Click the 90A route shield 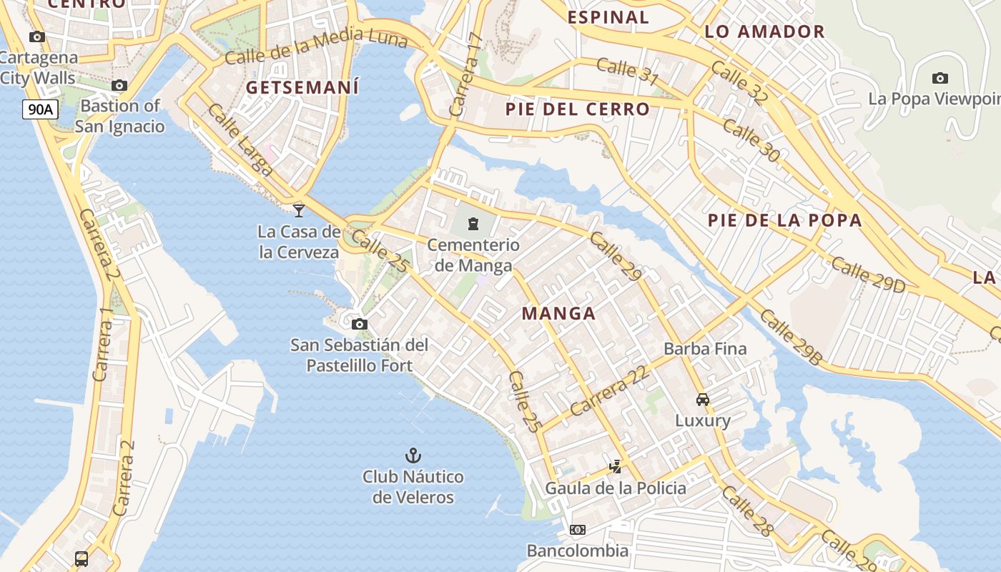(x=40, y=109)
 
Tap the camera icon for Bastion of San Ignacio (x=119, y=86)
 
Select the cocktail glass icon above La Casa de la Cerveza (x=299, y=210)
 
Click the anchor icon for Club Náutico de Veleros (x=413, y=455)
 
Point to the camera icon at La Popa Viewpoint (x=940, y=78)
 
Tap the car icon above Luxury (x=703, y=400)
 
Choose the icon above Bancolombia (x=577, y=530)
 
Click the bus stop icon (x=82, y=558)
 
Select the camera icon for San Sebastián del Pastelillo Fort (x=360, y=325)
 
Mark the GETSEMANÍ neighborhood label (x=302, y=88)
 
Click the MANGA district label (x=558, y=313)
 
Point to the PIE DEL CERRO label (x=577, y=109)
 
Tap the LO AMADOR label (x=764, y=31)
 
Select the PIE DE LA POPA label (x=784, y=220)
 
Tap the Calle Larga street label (x=240, y=140)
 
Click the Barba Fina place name (x=705, y=349)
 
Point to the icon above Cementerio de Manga (x=473, y=225)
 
